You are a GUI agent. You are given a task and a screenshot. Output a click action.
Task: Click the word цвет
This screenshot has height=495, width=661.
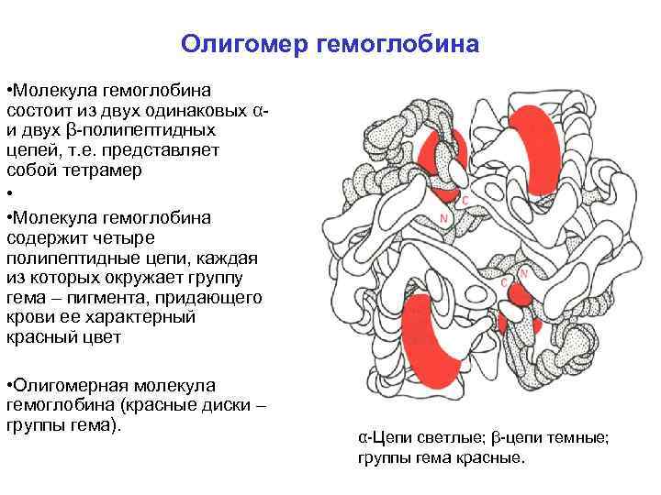coord(114,338)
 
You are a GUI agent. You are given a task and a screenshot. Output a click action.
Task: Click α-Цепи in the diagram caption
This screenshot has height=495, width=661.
coord(379,438)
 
